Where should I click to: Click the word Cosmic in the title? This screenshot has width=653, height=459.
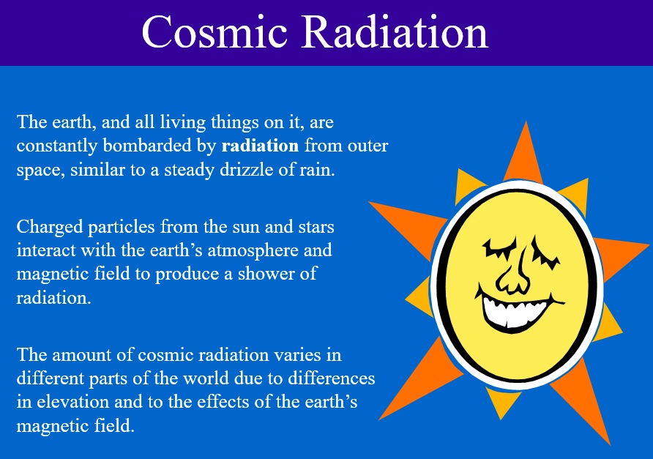coord(214,32)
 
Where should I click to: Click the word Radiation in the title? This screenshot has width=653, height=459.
coord(395,32)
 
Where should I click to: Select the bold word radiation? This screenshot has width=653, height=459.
coord(261,146)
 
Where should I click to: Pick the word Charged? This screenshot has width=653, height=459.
coord(50,228)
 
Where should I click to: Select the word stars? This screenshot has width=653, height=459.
coord(316,227)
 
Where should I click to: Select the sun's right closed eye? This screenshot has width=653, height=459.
coord(545,253)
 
